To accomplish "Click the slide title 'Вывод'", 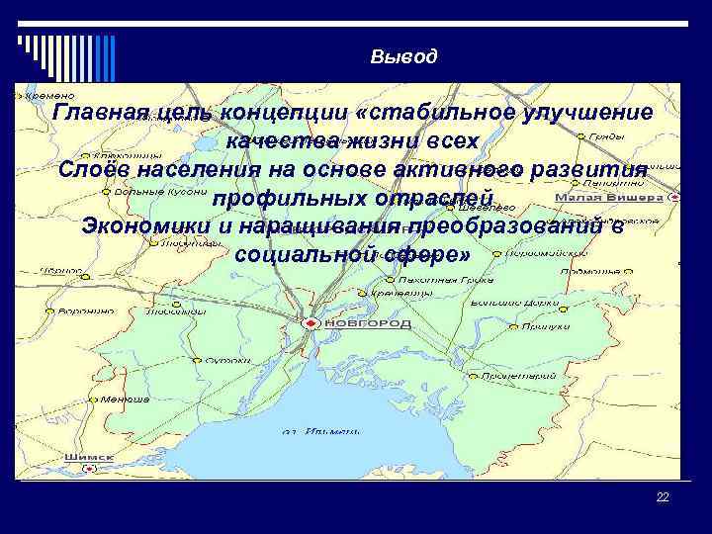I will [x=403, y=56].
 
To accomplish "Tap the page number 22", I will [x=663, y=497].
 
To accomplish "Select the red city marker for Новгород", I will [x=311, y=323].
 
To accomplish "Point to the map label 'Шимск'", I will [x=87, y=457].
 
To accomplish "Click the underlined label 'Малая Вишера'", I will [x=621, y=197].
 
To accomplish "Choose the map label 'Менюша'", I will [x=126, y=399].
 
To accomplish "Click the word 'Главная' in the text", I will [x=100, y=112].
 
